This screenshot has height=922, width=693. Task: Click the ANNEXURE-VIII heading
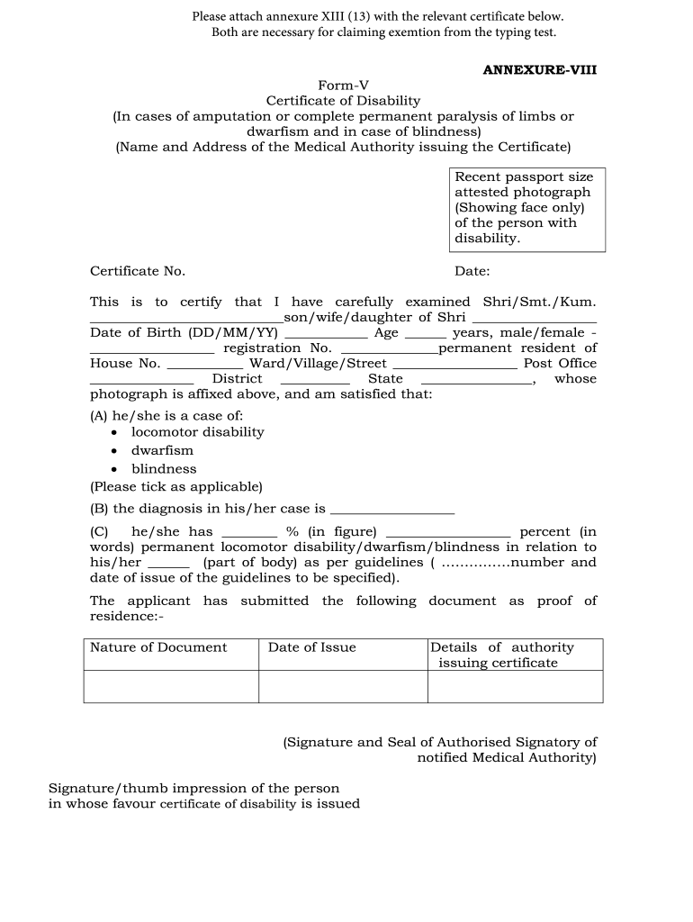[x=540, y=68]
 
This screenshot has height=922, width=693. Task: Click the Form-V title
[x=343, y=86]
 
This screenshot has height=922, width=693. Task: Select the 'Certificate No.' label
[x=138, y=271]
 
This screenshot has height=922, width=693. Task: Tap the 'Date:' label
[x=472, y=271]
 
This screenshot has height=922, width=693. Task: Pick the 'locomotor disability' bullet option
[x=197, y=432]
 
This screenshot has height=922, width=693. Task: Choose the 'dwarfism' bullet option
[x=162, y=450]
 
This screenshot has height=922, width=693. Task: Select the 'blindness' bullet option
[x=164, y=469]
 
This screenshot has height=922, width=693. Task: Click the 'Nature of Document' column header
[x=158, y=647]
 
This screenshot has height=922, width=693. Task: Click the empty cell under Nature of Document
[x=171, y=686]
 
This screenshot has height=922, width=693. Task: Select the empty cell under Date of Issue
[x=343, y=686]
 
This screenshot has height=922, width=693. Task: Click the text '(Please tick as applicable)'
[x=176, y=486]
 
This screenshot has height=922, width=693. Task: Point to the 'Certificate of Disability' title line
[x=343, y=101]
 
